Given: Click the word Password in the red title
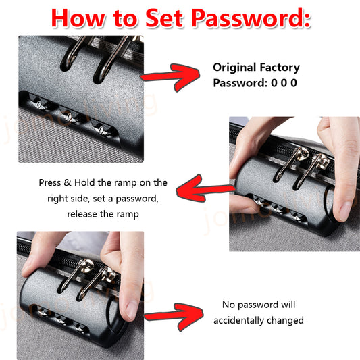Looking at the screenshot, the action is tap(251, 19).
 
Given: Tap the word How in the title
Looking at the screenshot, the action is tap(78, 18).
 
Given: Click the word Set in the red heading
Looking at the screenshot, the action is tap(164, 18).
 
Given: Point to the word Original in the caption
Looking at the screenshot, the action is tap(234, 68).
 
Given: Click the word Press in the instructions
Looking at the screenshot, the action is tap(49, 183).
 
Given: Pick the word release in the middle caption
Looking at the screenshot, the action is tap(82, 214).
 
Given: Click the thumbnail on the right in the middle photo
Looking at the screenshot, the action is tap(344, 209).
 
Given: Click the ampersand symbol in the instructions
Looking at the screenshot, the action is tap(68, 183).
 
